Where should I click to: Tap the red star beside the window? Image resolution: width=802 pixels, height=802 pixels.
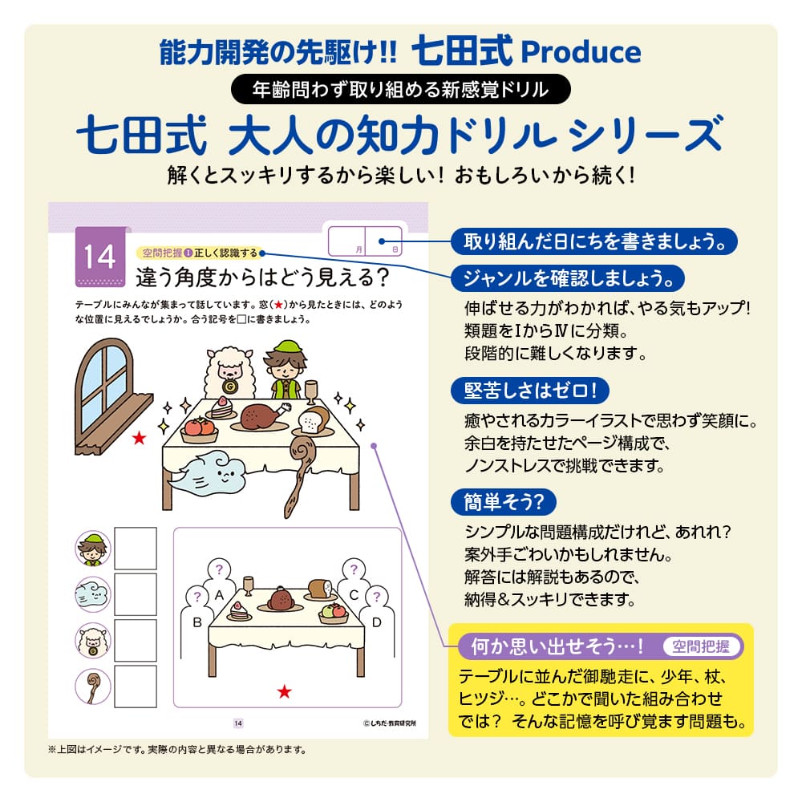140,437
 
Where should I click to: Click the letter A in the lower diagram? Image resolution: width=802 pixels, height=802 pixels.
219,595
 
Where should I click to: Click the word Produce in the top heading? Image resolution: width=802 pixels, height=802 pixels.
581,52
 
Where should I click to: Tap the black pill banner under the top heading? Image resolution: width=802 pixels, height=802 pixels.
400,89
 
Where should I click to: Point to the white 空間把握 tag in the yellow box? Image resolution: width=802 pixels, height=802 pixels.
703,646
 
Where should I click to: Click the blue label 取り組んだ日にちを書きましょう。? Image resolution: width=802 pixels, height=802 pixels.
593,240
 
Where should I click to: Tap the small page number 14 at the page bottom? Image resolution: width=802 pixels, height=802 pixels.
238,723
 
